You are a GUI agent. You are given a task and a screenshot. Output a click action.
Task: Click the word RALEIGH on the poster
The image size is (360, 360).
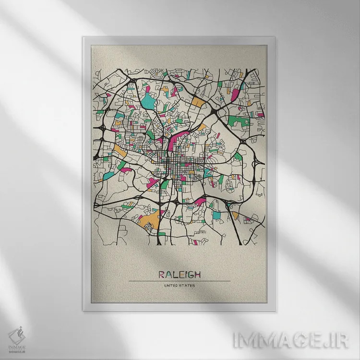pos(180,275)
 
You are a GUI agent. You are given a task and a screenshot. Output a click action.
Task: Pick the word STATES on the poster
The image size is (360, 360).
pos(188,287)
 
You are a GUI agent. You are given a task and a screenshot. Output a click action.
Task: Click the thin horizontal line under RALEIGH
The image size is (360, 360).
pos(180,281)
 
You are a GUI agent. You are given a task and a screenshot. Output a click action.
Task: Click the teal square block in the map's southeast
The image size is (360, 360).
pos(217,216)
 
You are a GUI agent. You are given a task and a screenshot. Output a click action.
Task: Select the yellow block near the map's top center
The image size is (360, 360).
pos(197,102)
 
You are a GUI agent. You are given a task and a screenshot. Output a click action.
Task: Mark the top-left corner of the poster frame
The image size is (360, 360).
pos(84,38)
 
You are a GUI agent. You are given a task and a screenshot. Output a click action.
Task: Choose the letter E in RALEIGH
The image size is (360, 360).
pos(180,275)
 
